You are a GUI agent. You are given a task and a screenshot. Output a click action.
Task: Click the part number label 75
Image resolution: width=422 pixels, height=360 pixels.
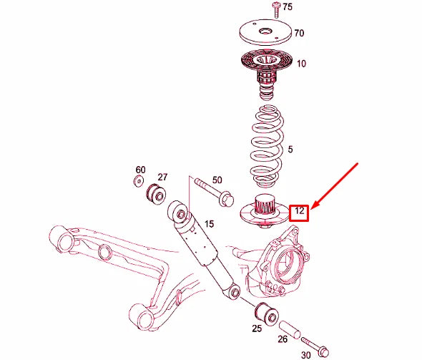tap(288, 7)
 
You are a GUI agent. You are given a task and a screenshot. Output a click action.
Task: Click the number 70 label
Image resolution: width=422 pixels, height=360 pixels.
tap(299, 33)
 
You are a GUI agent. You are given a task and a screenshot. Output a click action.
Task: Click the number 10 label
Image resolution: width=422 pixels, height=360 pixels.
tap(301, 64)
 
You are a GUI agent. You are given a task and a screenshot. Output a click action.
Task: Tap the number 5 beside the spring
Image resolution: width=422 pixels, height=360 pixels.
tap(290, 150)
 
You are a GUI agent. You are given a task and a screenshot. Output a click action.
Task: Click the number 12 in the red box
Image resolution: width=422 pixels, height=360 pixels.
tap(299, 212)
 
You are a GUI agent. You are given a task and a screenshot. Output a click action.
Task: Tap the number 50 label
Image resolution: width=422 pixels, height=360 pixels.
tap(217, 180)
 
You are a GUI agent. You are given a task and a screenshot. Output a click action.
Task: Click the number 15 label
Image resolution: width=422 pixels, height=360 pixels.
tap(208, 224)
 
